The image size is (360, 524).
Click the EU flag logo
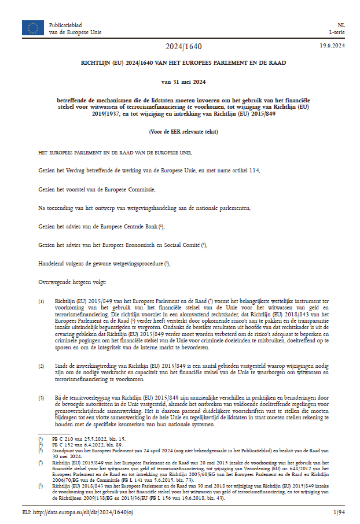[x=32, y=28]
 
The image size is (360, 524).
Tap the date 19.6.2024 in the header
[x=333, y=46]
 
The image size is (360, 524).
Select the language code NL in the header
[x=341, y=25]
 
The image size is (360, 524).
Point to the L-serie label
[x=337, y=32]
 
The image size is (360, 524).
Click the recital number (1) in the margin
[x=41, y=302]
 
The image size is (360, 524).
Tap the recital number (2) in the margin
[x=41, y=367]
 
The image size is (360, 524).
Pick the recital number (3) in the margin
[x=41, y=398]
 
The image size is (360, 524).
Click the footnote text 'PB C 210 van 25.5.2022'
[x=79, y=440]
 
